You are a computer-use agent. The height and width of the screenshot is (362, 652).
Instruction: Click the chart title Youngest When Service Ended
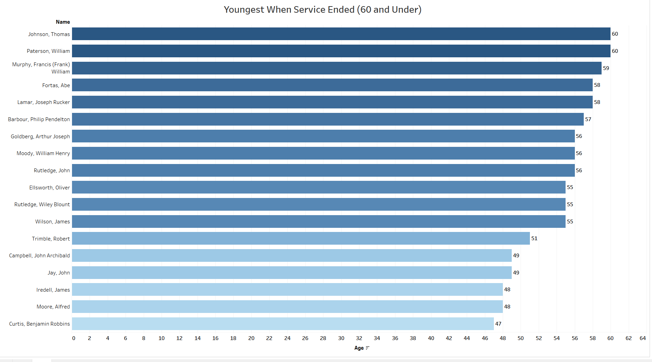[322, 10]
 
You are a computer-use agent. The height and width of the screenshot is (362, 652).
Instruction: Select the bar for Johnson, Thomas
[341, 34]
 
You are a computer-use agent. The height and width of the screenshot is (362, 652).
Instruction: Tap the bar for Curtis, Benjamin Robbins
[283, 324]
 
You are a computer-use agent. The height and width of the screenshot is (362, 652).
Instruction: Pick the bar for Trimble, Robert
[301, 238]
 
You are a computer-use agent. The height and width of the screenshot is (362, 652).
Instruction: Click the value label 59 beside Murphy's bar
[606, 68]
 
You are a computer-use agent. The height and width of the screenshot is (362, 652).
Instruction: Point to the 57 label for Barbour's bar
[588, 119]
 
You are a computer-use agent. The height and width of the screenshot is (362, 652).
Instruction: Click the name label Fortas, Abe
[56, 85]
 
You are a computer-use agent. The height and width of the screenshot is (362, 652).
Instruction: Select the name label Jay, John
[59, 273]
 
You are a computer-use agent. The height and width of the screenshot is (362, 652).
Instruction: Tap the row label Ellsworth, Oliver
[49, 188]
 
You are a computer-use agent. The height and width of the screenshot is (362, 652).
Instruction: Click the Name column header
[63, 22]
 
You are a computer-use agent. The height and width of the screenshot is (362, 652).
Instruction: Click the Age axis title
[359, 348]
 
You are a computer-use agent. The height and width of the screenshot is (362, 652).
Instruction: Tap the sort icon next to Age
[368, 348]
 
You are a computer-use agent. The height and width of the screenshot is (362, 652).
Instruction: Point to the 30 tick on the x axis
[341, 338]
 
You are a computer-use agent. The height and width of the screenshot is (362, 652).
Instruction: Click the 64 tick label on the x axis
[643, 338]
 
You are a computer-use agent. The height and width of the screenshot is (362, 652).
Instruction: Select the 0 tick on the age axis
[74, 338]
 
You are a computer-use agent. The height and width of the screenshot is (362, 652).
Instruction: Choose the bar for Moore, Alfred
[287, 306]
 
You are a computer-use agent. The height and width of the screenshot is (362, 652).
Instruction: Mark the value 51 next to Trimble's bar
[534, 238]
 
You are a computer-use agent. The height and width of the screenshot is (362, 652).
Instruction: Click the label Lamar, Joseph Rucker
[44, 102]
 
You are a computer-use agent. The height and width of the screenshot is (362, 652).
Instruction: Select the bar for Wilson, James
[319, 221]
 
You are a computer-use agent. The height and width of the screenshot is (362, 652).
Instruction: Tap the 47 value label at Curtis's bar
[498, 324]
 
